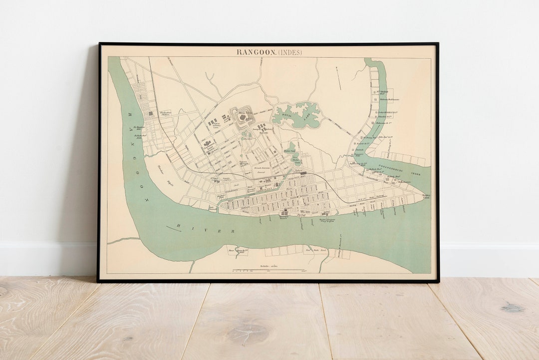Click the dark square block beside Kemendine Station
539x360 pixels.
pyautogui.click(x=150, y=114)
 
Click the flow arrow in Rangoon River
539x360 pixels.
pyautogui.click(x=174, y=228)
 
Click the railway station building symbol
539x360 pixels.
pyautogui.click(x=303, y=173)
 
